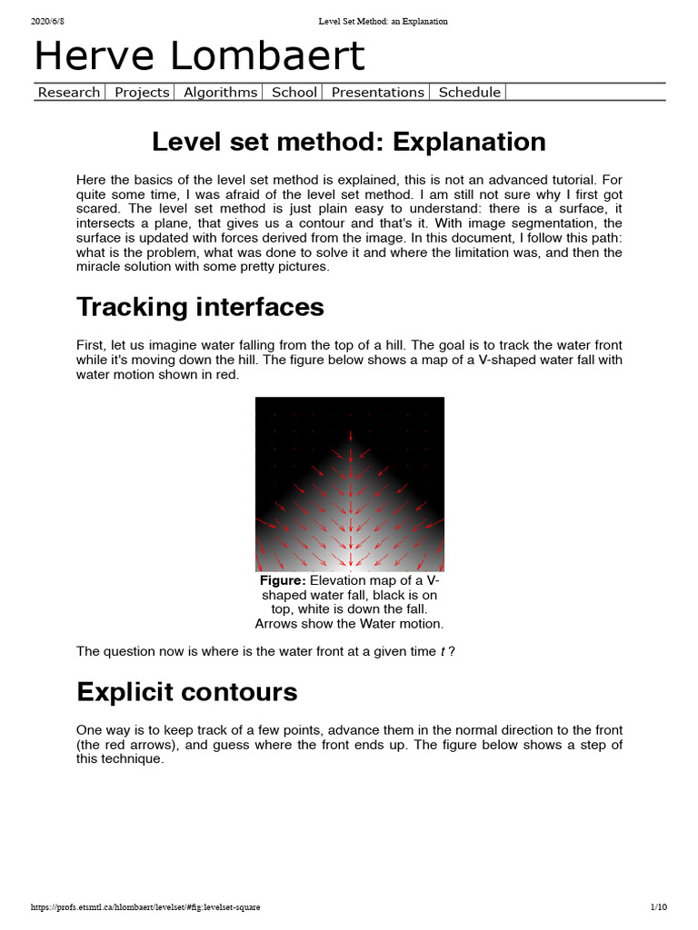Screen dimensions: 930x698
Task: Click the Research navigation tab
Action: pyautogui.click(x=69, y=92)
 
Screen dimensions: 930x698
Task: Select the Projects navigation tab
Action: pyautogui.click(x=142, y=92)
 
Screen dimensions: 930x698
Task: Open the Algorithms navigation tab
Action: pyautogui.click(x=220, y=92)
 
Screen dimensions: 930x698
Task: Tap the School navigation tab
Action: pyautogui.click(x=294, y=92)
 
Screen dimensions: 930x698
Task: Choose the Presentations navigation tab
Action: pyautogui.click(x=377, y=92)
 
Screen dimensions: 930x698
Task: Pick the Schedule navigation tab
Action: pyautogui.click(x=469, y=92)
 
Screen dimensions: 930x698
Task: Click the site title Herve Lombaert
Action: pyautogui.click(x=199, y=56)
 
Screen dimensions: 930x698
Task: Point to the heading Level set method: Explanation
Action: pyautogui.click(x=349, y=142)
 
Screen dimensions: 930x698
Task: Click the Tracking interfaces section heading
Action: pyautogui.click(x=200, y=307)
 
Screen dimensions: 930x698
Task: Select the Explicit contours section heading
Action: pyautogui.click(x=186, y=692)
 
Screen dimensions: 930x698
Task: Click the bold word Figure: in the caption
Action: pyautogui.click(x=283, y=580)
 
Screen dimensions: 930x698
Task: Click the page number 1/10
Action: pyautogui.click(x=658, y=906)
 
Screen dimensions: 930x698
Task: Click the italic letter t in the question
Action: pyautogui.click(x=442, y=651)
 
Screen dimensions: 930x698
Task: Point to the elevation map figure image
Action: pyautogui.click(x=349, y=483)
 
